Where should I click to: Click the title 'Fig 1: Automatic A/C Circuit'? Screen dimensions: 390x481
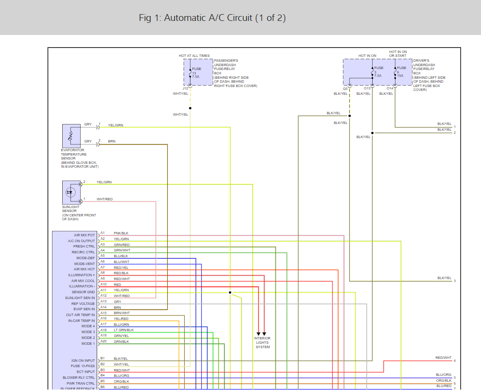tap(212, 18)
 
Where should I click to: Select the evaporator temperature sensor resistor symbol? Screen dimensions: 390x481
tap(71, 136)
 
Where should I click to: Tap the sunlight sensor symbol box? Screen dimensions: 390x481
tap(71, 192)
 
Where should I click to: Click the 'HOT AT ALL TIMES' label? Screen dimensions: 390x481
tap(194, 56)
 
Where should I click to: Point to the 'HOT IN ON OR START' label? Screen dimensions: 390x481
tap(398, 53)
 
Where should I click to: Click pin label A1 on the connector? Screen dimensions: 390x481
tap(103, 233)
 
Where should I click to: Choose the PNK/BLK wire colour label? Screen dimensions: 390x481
tap(121, 233)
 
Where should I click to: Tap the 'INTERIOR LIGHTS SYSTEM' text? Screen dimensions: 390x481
tap(262, 342)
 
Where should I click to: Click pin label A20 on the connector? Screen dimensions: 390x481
tap(103, 341)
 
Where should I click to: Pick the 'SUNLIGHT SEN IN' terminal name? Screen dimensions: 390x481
tap(80, 298)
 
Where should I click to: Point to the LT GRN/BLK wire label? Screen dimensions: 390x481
tap(123, 330)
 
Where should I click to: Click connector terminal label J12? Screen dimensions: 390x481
tap(186, 88)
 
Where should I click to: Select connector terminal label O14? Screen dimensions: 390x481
tap(390, 89)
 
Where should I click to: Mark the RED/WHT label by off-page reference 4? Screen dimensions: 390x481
tap(443, 358)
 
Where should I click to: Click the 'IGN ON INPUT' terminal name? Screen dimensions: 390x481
tap(83, 360)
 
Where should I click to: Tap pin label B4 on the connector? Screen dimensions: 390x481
tap(103, 375)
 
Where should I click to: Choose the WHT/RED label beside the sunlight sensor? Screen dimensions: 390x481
tap(104, 199)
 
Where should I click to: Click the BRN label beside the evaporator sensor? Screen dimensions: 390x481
tap(112, 141)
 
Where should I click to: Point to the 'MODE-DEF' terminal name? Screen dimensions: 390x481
tap(86, 258)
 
